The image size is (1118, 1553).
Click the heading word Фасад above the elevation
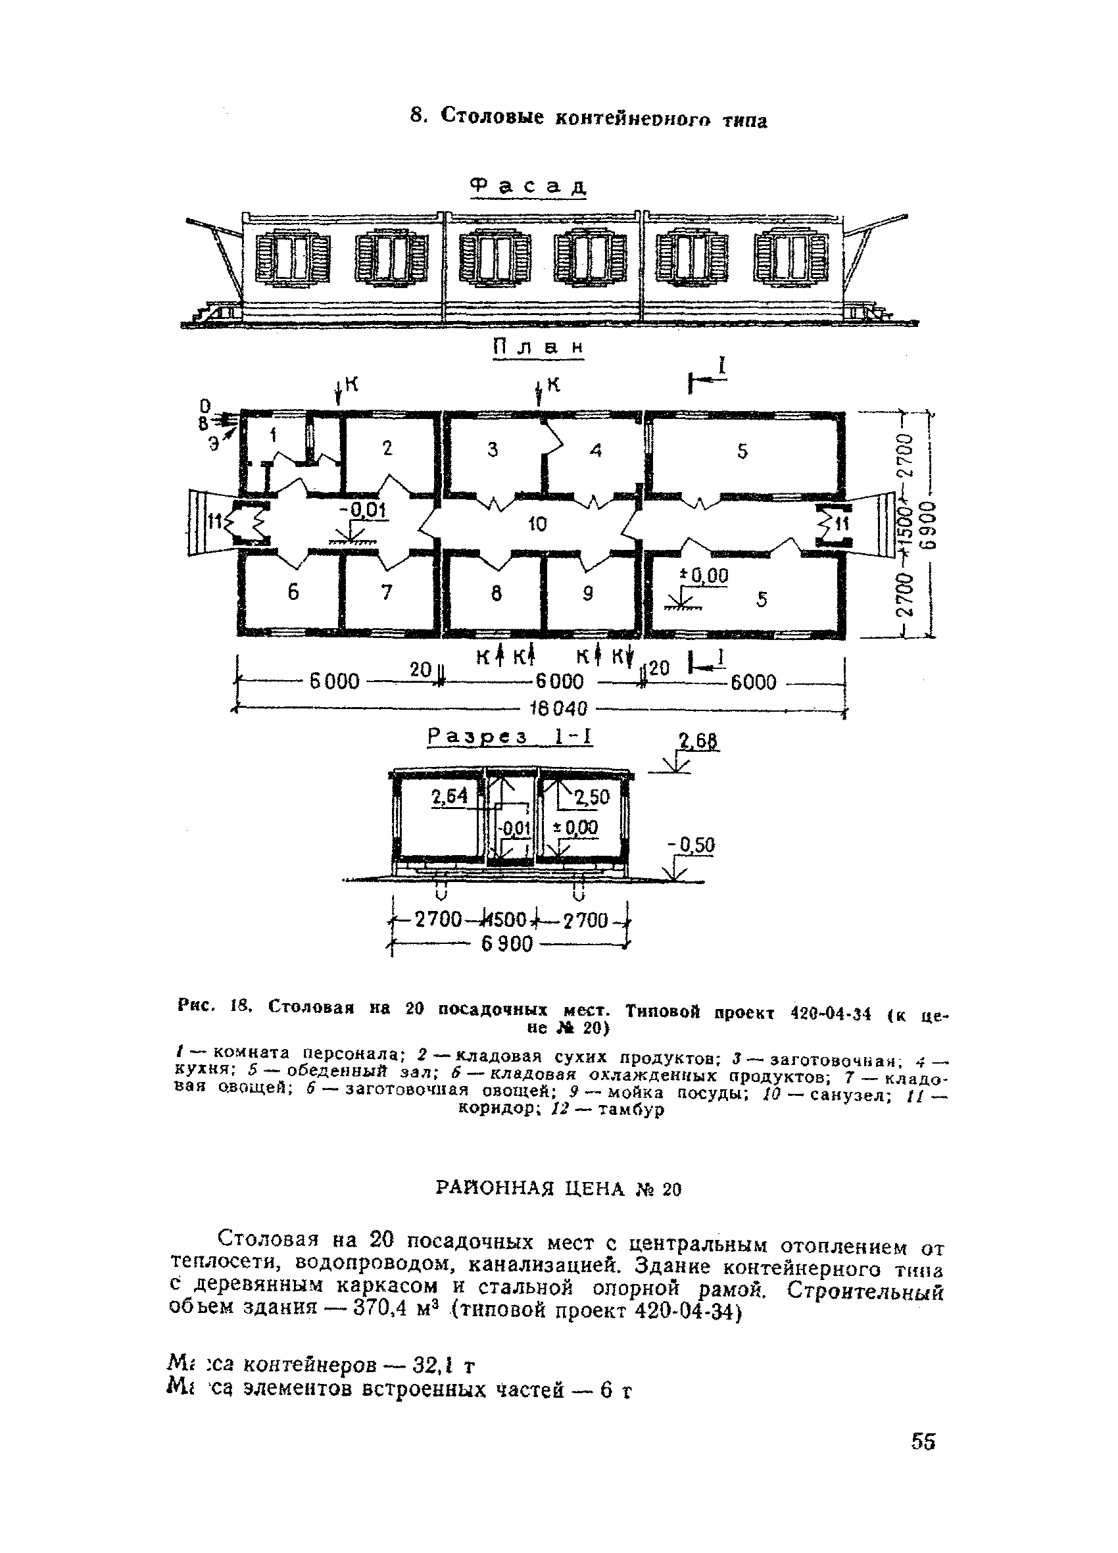click(x=529, y=186)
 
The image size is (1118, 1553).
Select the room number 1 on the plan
click(x=274, y=435)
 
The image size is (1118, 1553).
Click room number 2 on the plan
click(x=387, y=449)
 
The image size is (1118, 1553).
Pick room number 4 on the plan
click(x=596, y=451)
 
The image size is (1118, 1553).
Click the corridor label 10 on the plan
click(x=537, y=524)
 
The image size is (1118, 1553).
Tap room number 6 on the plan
click(x=293, y=592)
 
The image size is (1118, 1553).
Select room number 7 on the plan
click(x=387, y=592)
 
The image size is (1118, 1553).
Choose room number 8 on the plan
click(x=497, y=594)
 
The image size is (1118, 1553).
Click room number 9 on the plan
click(x=587, y=594)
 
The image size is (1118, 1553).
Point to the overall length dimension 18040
click(x=560, y=708)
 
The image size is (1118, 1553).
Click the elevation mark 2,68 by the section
click(x=698, y=741)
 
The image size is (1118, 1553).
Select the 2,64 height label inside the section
click(x=449, y=797)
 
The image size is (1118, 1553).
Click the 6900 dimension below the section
click(x=506, y=945)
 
